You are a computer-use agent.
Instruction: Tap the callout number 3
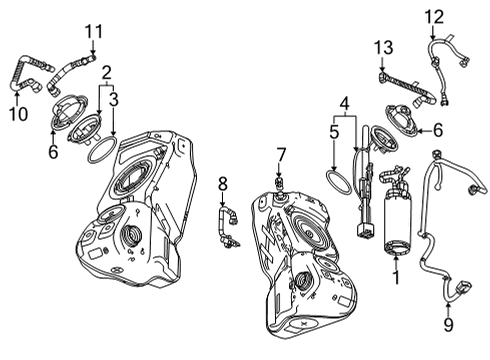115,100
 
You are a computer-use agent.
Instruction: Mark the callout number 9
448,324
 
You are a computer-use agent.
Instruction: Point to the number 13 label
382,47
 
